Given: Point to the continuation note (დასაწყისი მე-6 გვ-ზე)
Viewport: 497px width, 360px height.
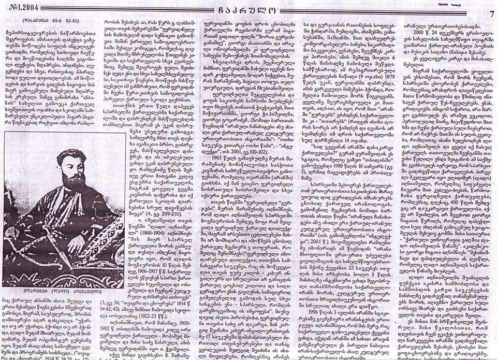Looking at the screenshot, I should click(45, 21).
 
